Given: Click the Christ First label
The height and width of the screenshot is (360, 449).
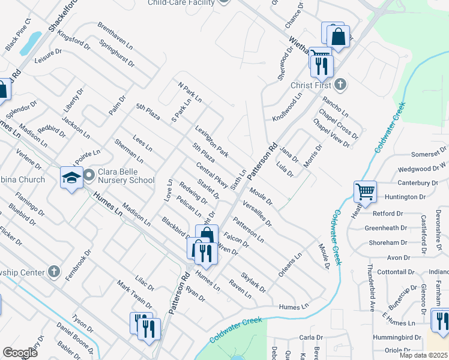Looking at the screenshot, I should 312,85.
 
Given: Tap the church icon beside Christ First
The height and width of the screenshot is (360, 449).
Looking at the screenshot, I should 340,84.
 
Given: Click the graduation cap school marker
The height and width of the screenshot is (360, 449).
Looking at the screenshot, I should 71,178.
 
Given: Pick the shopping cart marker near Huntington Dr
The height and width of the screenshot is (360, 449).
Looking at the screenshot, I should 365,192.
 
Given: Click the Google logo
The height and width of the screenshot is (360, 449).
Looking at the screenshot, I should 20,353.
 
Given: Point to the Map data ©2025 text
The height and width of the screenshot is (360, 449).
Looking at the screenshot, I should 423,355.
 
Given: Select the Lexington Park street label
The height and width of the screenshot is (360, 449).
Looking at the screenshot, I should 211,142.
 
